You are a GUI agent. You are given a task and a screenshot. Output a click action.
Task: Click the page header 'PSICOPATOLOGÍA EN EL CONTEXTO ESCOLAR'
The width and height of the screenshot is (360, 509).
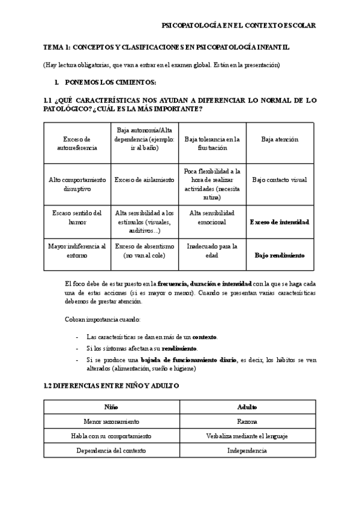[239, 25]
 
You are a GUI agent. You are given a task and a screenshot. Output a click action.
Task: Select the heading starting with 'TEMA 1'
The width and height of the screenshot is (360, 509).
[163, 47]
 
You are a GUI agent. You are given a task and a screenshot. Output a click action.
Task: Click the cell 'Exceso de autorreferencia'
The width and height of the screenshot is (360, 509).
[77, 143]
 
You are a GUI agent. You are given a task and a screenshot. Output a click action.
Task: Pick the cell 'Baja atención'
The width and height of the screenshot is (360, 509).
[280, 139]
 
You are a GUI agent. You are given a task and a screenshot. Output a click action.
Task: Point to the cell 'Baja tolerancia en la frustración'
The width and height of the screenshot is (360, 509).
[212, 143]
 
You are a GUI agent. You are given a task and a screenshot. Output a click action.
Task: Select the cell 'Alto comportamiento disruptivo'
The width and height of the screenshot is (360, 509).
[77, 184]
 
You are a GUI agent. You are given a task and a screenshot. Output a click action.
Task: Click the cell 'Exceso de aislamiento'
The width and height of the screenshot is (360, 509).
[144, 179]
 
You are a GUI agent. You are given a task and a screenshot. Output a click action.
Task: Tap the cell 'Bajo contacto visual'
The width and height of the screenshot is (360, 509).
[280, 179]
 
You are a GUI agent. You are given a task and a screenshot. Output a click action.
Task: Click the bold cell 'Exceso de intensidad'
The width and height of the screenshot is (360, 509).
[280, 221]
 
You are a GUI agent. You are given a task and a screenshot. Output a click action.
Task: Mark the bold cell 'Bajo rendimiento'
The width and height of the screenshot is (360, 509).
[280, 255]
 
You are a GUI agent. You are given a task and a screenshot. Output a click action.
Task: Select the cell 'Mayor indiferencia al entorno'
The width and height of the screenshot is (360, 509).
[77, 250]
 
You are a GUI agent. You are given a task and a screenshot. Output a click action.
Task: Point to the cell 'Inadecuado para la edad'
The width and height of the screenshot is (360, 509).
[212, 250]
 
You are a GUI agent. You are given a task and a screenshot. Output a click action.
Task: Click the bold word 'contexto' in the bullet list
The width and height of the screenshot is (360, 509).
[204, 337]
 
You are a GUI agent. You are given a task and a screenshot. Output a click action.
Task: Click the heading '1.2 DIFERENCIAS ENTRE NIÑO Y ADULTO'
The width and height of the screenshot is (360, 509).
[112, 385]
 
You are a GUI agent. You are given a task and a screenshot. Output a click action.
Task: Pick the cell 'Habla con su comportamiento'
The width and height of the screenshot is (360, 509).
[111, 436]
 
